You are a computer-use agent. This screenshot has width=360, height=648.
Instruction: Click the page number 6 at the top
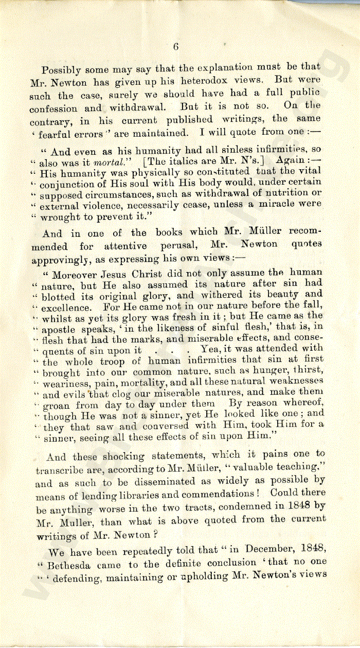click(x=175, y=46)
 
